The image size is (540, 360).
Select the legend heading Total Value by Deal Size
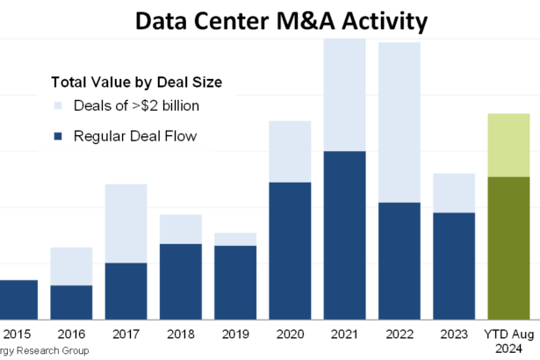136,83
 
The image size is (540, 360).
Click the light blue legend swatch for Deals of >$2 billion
58,107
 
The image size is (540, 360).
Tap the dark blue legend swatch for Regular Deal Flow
58,136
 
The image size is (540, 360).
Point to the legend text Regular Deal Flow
135,136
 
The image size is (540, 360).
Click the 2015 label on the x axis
16,334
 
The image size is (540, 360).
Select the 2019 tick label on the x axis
234,334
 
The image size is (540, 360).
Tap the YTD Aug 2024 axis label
508,340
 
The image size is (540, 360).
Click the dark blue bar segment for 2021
344,234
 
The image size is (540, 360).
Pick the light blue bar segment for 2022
400,122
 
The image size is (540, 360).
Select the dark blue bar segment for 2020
290,249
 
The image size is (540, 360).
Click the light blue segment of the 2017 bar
126,223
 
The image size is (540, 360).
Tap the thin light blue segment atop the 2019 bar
234,239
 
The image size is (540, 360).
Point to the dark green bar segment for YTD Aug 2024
508,247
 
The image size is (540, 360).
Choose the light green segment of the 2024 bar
508,145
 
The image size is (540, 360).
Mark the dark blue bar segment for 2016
71,301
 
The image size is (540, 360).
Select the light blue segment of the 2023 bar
454,192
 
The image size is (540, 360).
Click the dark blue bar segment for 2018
180,280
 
